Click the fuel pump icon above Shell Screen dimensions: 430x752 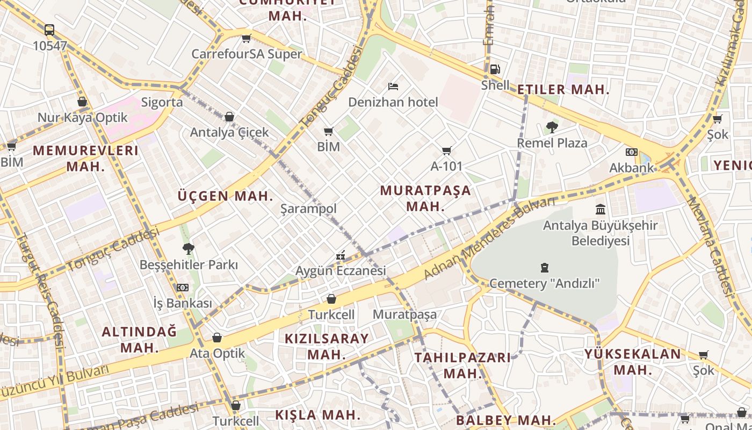tap(495, 69)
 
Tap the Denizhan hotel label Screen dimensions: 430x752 tap(393, 102)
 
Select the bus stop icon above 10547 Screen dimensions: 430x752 tap(49, 30)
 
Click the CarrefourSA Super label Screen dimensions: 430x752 tap(247, 54)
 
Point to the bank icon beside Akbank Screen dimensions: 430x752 tap(632, 152)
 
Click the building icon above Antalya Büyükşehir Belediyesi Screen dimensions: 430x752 tap(601, 209)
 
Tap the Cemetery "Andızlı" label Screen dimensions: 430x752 tap(544, 283)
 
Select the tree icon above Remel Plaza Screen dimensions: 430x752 tap(552, 127)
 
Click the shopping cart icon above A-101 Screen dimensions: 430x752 tap(446, 151)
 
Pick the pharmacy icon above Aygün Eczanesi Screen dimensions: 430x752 tap(341, 255)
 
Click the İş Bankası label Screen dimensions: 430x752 tap(183, 303)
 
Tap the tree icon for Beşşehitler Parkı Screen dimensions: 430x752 tap(188, 249)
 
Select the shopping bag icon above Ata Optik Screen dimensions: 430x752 tap(217, 338)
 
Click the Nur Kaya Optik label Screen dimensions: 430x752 tap(82, 118)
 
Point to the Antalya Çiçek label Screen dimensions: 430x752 tap(229, 132)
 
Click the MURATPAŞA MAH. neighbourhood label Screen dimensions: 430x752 tap(425, 198)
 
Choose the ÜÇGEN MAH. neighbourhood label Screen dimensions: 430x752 tap(226, 196)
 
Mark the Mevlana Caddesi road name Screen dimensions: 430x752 tap(710, 246)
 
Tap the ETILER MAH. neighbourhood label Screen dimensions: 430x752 tap(563, 90)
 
